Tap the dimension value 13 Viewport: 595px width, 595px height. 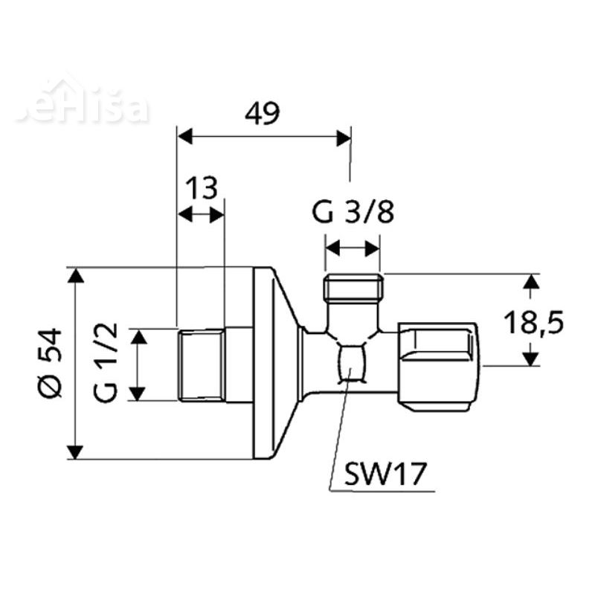[x=202, y=188]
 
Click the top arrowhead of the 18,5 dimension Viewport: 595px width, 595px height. [x=530, y=282]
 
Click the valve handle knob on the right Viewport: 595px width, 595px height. [x=439, y=364]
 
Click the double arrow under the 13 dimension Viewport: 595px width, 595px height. [x=202, y=215]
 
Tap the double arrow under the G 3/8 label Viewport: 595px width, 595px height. [x=353, y=247]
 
